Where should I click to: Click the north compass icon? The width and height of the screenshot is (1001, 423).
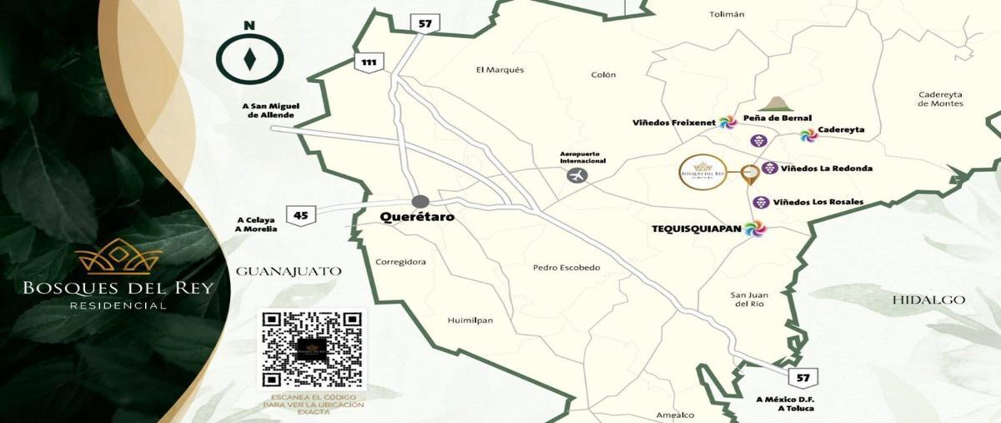[249, 59]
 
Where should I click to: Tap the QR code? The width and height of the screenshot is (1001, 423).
[313, 350]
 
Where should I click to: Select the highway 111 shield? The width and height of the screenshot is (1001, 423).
[367, 62]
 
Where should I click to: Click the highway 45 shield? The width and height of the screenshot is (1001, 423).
[300, 214]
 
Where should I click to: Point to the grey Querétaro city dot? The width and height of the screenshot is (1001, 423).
[420, 201]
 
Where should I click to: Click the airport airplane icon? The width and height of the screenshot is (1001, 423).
[576, 175]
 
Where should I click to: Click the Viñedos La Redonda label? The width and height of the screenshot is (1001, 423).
[827, 169]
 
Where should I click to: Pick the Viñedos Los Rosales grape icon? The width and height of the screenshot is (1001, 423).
[761, 202]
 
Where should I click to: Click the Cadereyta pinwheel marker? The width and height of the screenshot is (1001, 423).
[807, 133]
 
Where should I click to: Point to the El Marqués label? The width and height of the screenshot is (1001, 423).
[500, 70]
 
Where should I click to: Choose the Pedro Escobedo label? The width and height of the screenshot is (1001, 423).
[566, 268]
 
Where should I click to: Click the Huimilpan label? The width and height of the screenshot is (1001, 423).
[471, 320]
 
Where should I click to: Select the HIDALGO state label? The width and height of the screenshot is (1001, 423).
[928, 300]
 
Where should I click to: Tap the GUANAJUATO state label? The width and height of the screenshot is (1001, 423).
[289, 271]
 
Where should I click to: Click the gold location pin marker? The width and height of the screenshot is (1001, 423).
[750, 174]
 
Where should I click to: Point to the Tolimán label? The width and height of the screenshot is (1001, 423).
[726, 14]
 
